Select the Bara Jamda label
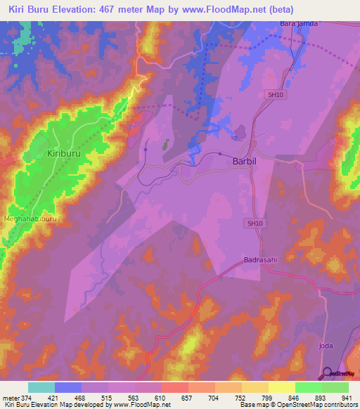tap(299, 24)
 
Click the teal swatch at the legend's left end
tap(41, 387)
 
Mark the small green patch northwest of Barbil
tap(167, 144)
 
